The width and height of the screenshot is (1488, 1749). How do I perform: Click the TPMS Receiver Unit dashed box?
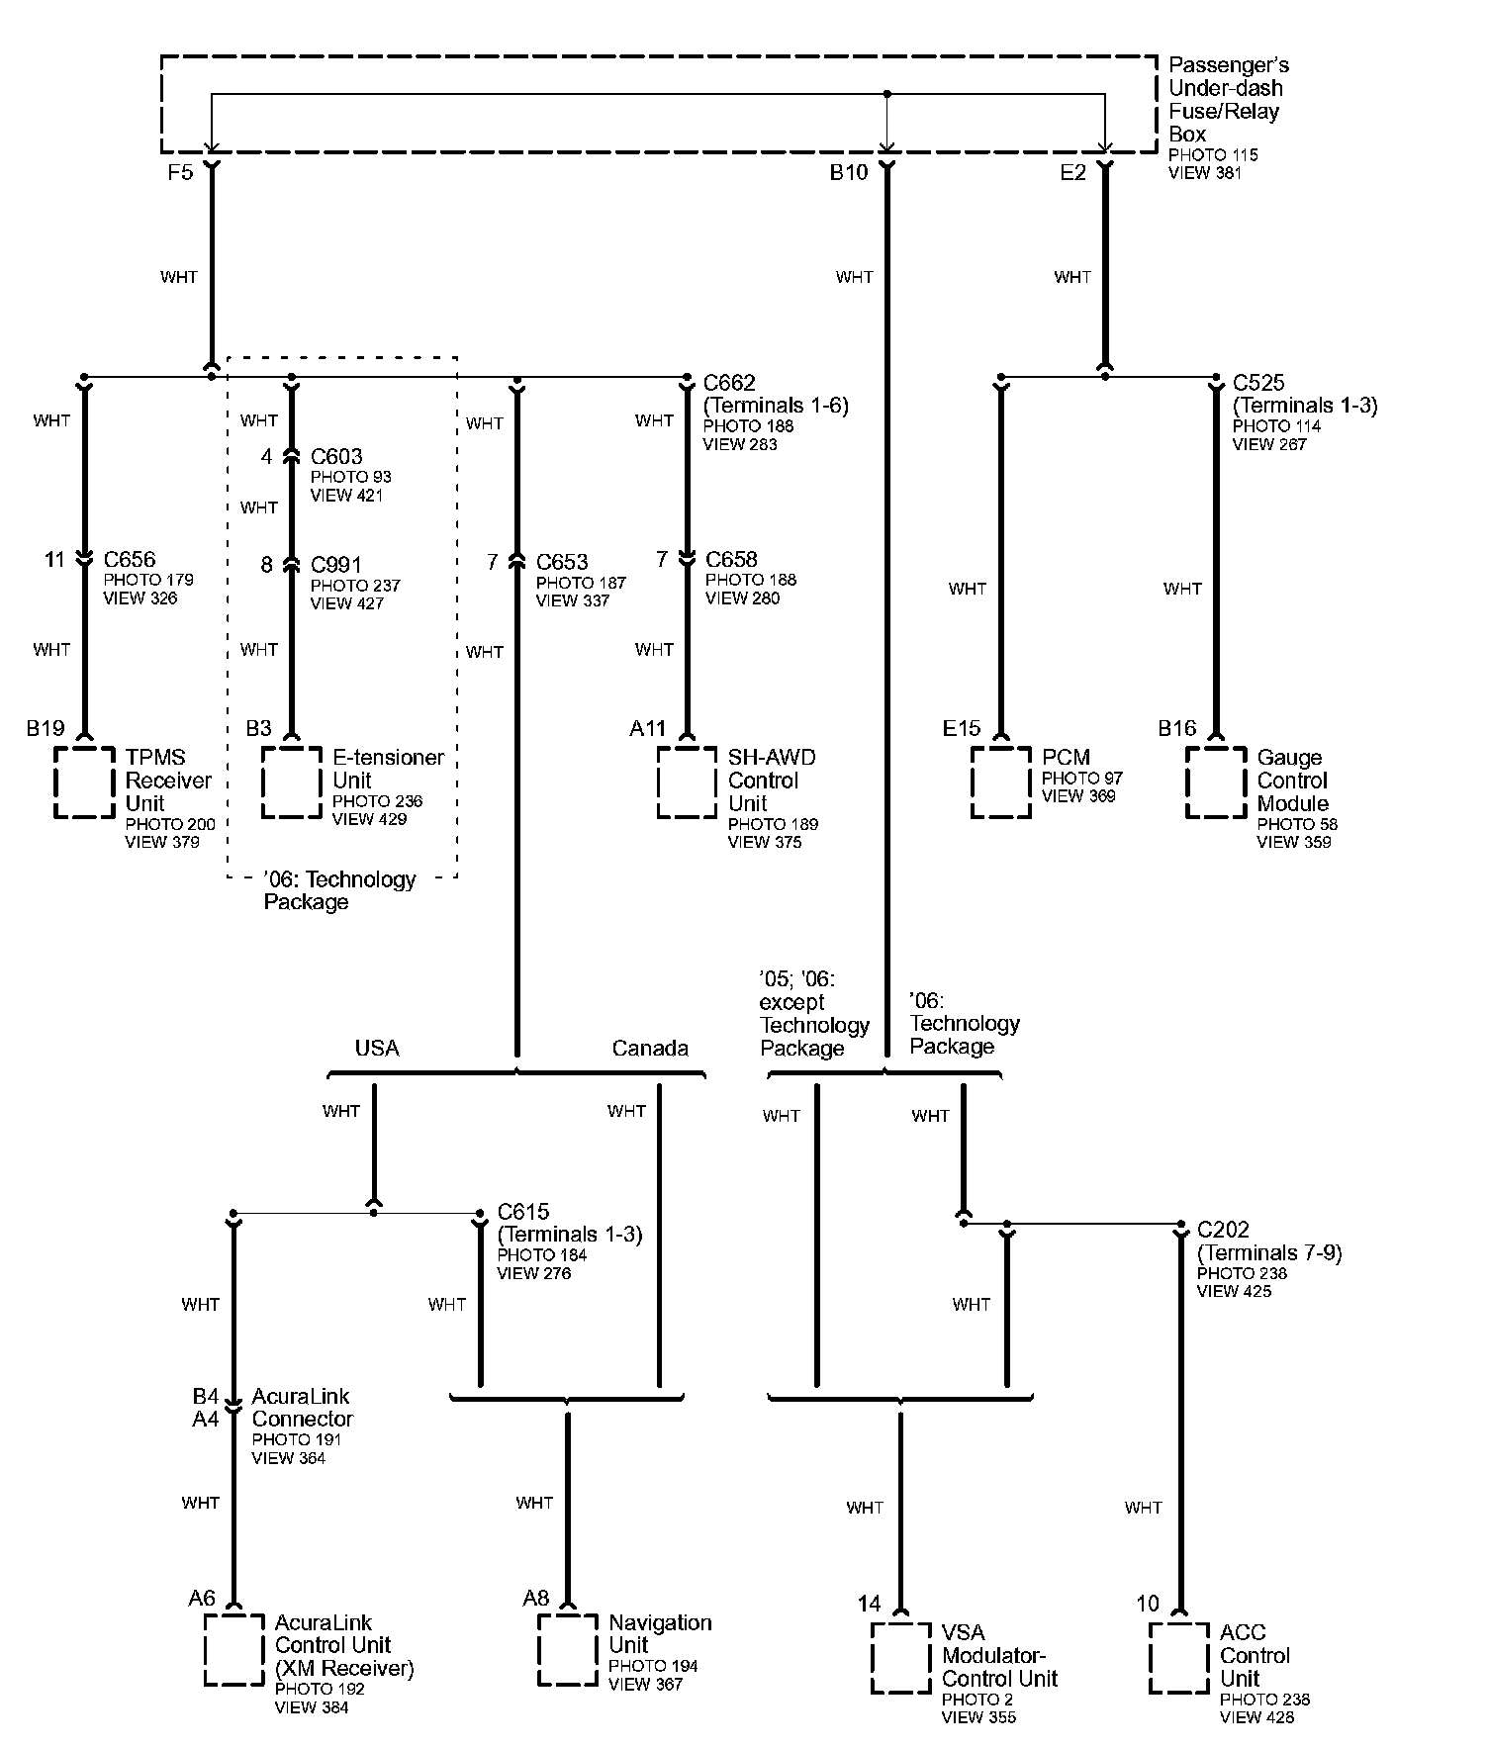click(84, 782)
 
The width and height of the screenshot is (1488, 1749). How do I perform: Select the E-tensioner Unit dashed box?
click(292, 782)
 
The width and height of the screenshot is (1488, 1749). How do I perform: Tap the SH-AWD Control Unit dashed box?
click(687, 782)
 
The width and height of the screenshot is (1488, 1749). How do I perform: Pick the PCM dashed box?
click(1000, 782)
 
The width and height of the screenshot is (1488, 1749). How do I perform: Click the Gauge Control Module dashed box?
click(1216, 782)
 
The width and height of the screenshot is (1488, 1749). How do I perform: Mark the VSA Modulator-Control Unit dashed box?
click(900, 1658)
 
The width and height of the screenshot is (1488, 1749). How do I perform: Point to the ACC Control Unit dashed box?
click(1178, 1658)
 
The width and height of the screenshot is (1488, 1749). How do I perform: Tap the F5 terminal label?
click(179, 173)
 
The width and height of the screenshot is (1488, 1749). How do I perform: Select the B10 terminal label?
click(848, 173)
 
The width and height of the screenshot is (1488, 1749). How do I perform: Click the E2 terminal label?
click(1072, 173)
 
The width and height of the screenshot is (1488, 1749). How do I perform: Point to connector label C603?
click(336, 457)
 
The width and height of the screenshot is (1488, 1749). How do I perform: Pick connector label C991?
click(336, 565)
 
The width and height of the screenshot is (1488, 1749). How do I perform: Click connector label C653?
click(562, 563)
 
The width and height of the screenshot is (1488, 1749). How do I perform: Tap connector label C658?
click(731, 560)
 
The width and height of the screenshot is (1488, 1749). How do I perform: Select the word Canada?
click(649, 1049)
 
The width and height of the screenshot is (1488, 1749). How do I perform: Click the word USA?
click(377, 1049)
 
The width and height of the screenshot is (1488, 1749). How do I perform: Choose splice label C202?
click(1223, 1230)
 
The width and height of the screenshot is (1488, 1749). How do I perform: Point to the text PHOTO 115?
click(1213, 155)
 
